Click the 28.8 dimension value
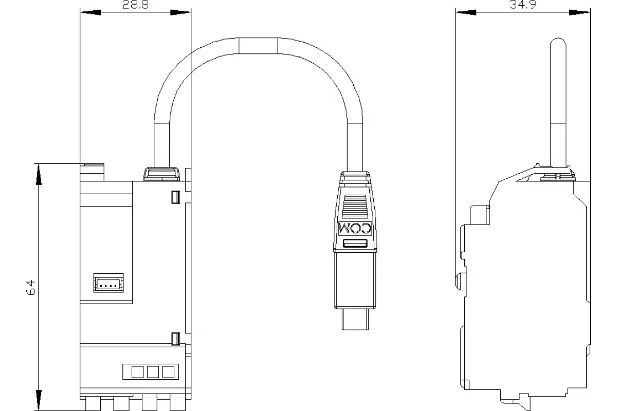click(x=135, y=5)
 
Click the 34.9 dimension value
click(x=522, y=5)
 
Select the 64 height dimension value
click(x=30, y=288)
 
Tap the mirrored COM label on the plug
click(x=355, y=228)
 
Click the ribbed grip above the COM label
click(x=355, y=207)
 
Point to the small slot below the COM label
click(x=355, y=244)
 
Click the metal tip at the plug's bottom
click(x=355, y=320)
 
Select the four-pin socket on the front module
click(x=108, y=283)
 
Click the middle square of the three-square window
click(x=153, y=372)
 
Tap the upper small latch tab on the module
click(x=176, y=197)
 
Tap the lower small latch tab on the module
click(x=176, y=339)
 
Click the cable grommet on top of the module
click(x=161, y=174)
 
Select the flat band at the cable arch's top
click(x=258, y=46)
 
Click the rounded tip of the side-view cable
click(x=558, y=42)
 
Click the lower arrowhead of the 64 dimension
click(x=39, y=400)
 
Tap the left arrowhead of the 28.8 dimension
click(x=90, y=12)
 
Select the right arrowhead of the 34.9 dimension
click(x=579, y=12)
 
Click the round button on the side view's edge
click(x=460, y=282)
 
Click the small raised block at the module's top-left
click(x=92, y=172)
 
